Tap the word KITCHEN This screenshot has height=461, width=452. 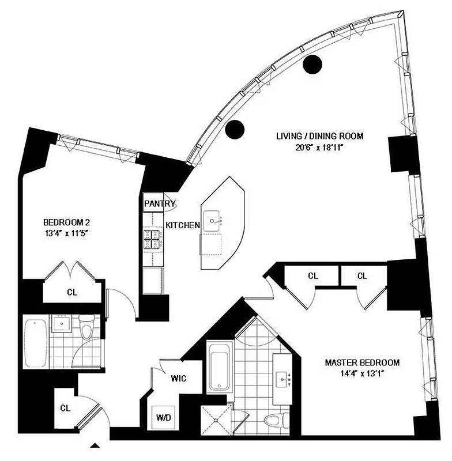tap(183, 225)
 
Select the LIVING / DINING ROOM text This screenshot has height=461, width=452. tap(319, 136)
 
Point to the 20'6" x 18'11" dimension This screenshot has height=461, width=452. tap(319, 147)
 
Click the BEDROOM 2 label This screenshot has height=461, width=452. tap(66, 222)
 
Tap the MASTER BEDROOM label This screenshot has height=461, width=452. tap(362, 362)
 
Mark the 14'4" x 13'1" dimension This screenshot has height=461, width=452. tap(362, 373)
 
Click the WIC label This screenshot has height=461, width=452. tap(178, 379)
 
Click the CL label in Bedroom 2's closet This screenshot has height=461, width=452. tap(72, 292)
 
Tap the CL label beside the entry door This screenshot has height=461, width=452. tap(65, 408)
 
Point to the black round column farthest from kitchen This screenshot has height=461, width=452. tap(312, 65)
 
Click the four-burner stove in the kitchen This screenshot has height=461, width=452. tap(153, 239)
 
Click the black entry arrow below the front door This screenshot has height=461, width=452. tap(96, 444)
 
